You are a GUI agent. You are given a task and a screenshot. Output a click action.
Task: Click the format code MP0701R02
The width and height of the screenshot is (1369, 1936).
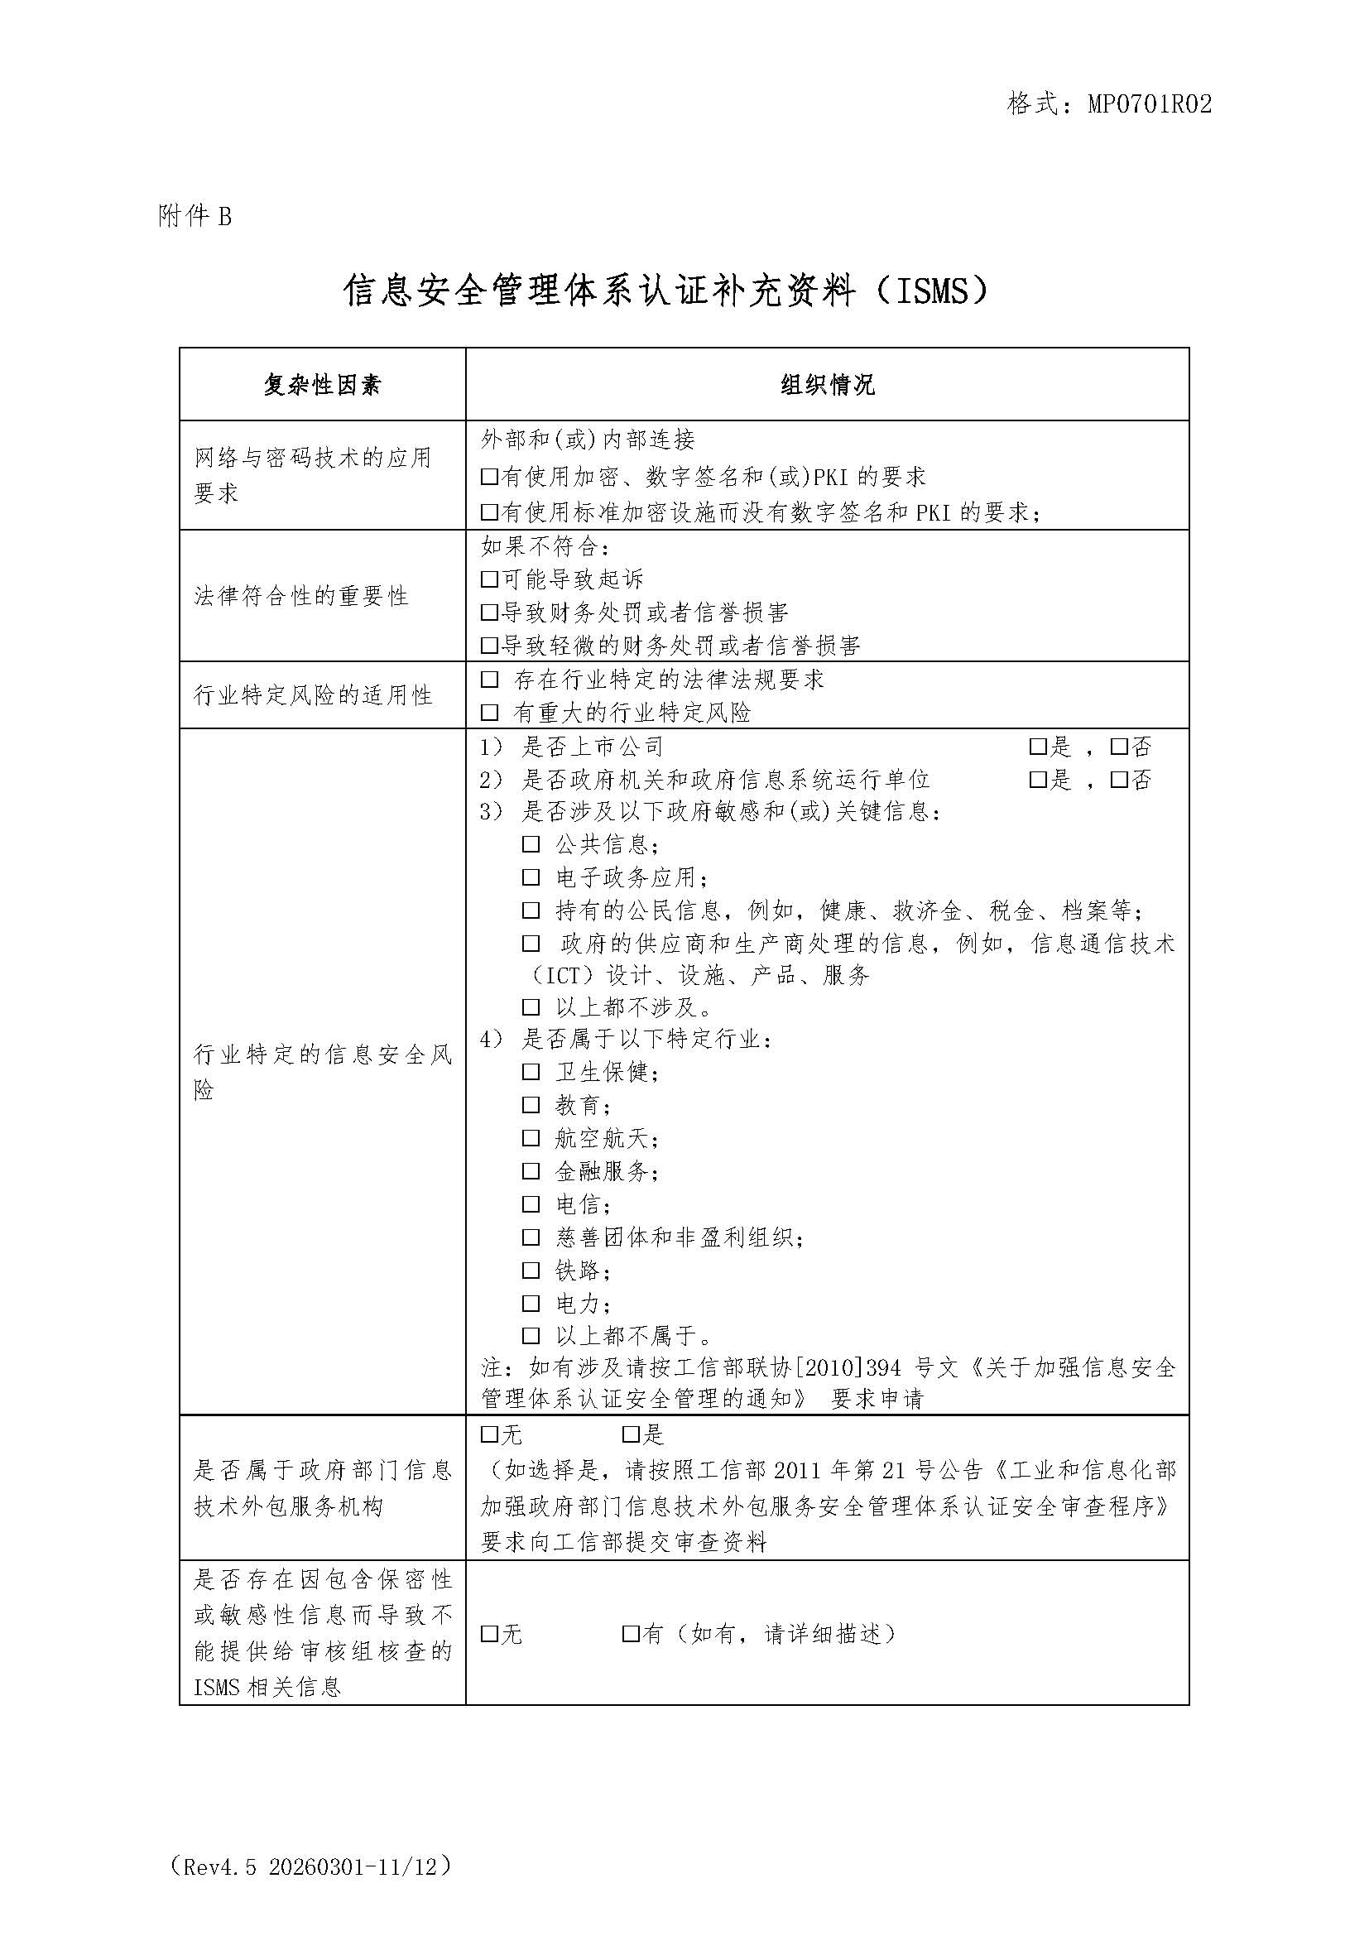tap(1149, 103)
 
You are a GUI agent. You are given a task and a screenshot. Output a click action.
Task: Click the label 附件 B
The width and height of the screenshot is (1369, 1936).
tap(195, 217)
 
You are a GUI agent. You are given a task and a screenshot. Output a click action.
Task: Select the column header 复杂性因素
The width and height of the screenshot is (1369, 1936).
tap(322, 386)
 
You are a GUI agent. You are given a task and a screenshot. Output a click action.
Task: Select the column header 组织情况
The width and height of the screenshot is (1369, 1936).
tap(827, 386)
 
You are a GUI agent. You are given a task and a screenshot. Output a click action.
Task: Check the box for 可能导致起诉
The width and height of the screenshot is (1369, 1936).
tap(489, 579)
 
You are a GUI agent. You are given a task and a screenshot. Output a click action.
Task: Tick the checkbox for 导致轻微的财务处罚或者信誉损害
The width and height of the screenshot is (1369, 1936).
tap(489, 646)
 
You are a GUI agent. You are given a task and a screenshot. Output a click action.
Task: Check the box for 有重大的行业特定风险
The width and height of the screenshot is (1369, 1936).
tap(489, 713)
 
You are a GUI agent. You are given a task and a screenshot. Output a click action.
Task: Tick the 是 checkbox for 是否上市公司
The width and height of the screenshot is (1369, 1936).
tap(1037, 747)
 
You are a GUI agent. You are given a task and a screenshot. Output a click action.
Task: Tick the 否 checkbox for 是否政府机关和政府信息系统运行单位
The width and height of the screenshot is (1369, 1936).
tap(1119, 780)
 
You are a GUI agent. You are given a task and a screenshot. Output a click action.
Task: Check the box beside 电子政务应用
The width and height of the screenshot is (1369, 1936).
tap(531, 877)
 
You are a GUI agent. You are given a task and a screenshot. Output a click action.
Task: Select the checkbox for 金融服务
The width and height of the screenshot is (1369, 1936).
tap(531, 1171)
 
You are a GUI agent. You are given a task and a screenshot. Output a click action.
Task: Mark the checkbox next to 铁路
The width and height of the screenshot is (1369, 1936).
tap(531, 1270)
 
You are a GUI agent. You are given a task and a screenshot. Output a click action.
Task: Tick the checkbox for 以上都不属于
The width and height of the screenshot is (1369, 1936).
tap(531, 1336)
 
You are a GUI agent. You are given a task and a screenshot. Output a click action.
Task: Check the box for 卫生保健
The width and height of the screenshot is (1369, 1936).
tap(531, 1072)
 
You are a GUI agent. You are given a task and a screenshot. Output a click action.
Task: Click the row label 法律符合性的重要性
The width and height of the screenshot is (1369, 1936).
tap(301, 596)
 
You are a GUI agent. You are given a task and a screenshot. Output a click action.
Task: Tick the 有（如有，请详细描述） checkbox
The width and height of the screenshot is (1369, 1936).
tap(630, 1634)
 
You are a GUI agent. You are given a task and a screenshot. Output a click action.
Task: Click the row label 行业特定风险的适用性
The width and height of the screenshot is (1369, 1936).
tap(313, 695)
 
